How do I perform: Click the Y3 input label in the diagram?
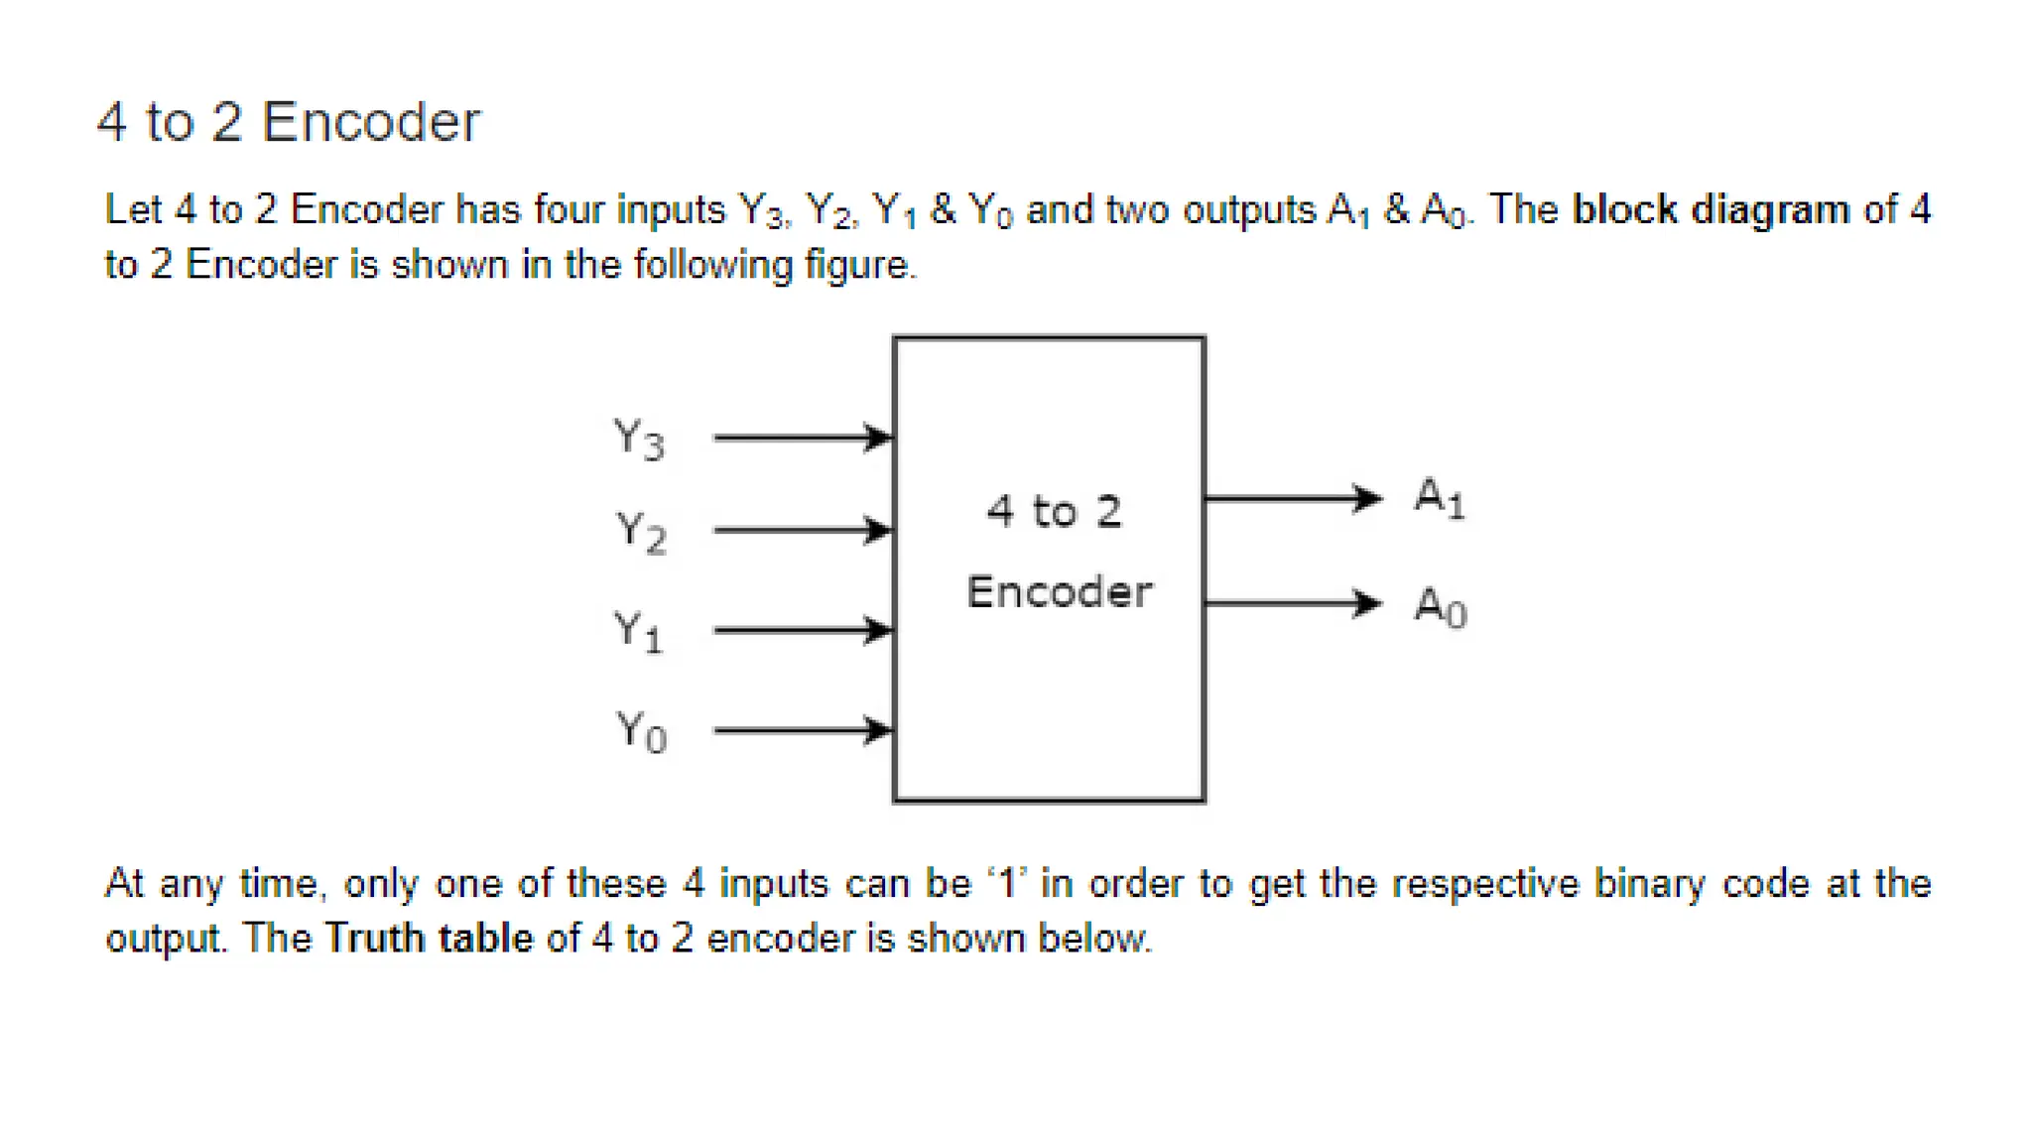point(639,439)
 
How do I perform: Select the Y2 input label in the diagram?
point(641,532)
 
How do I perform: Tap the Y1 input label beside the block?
point(638,631)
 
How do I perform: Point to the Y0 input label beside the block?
point(641,732)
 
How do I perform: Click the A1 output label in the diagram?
point(1440,497)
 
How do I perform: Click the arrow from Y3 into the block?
point(803,438)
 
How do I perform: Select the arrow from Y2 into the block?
point(803,530)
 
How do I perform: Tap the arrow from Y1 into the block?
point(803,630)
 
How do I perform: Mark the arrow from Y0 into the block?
point(803,731)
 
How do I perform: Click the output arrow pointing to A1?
point(1293,497)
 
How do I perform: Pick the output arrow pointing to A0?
point(1293,602)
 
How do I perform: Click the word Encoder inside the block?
point(1059,592)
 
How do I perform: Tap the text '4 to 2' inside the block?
point(1054,512)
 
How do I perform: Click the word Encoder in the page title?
point(371,122)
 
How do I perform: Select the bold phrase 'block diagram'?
point(1712,209)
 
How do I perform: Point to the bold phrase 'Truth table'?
point(429,938)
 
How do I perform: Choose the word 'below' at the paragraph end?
point(1093,938)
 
